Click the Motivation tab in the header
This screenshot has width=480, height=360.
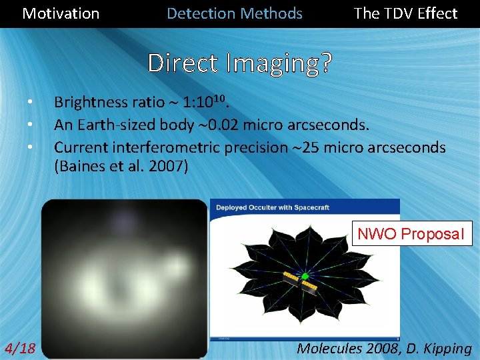[x=61, y=13]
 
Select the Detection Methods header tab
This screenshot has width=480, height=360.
[x=234, y=13]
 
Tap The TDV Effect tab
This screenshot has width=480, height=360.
[x=405, y=13]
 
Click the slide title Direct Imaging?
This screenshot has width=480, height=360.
[x=240, y=63]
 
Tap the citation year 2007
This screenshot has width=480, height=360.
[x=171, y=167]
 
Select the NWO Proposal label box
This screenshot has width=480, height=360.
[x=411, y=234]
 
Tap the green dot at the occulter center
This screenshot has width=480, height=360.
[x=305, y=276]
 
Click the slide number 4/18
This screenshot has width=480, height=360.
[x=20, y=348]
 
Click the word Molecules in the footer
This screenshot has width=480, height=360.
[x=330, y=348]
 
